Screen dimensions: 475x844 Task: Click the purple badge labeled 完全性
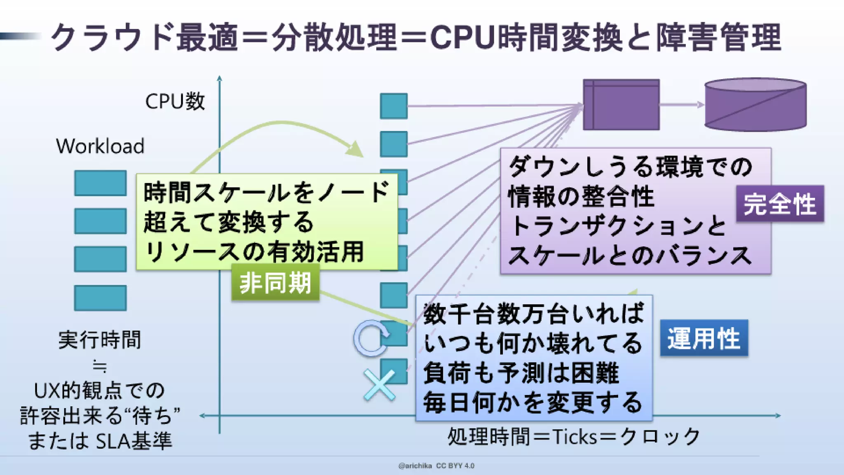[x=780, y=204]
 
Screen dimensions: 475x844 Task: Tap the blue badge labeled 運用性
[x=704, y=338]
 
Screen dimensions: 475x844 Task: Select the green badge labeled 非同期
[x=275, y=283]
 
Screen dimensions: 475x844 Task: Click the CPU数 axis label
[x=175, y=101]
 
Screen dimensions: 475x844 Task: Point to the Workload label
[x=100, y=146]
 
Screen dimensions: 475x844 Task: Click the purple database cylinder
[x=755, y=105]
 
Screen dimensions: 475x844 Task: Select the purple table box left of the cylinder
[x=621, y=105]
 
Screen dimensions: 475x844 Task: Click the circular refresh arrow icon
[x=371, y=338]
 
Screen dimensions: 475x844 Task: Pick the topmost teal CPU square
[x=394, y=106]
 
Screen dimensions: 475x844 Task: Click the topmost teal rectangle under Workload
[x=100, y=183]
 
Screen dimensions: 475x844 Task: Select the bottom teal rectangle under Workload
[x=100, y=298]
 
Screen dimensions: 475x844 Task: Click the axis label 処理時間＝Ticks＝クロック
[x=574, y=436]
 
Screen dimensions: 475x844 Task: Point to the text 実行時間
[x=100, y=340]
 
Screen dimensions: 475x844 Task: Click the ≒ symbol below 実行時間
[x=100, y=366]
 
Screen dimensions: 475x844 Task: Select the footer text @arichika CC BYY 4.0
[x=436, y=466]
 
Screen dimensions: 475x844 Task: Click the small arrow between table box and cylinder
[x=682, y=105]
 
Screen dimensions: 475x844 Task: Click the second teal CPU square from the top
[x=394, y=144]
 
